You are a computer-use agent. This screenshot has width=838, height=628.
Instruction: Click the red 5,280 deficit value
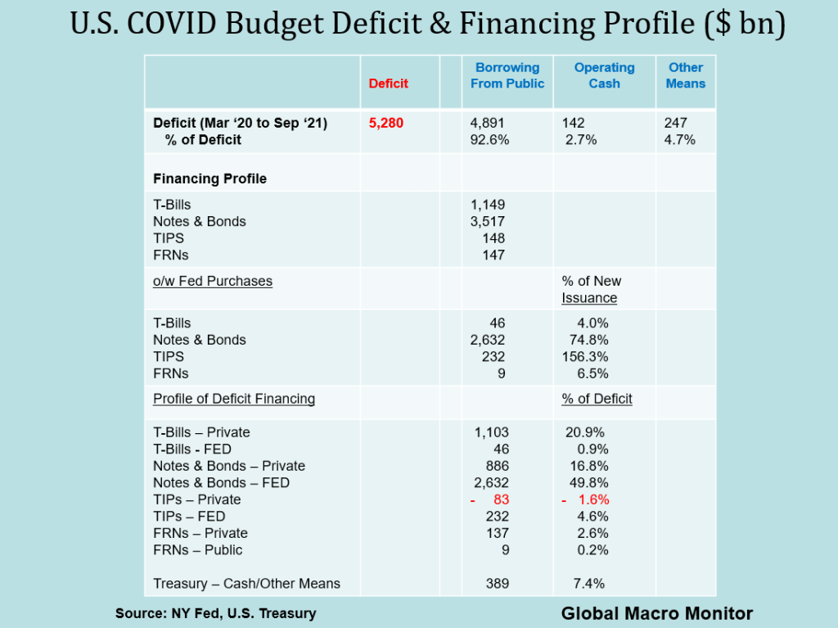point(386,123)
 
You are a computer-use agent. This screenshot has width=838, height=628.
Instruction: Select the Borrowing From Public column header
point(507,75)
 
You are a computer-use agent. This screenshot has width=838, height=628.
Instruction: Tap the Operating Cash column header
point(604,75)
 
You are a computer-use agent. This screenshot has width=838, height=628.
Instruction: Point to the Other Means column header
point(686,75)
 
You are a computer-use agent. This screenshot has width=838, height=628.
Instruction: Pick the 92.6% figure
point(489,140)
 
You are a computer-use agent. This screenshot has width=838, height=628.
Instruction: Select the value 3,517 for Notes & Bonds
point(489,221)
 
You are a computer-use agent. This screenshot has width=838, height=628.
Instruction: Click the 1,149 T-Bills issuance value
point(489,205)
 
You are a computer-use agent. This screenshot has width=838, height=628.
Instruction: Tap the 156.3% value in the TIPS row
point(584,357)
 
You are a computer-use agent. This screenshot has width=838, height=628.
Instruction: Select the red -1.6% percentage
point(585,499)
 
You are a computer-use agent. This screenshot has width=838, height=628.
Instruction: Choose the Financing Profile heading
point(209,178)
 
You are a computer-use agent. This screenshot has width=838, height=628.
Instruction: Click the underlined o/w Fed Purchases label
point(213,281)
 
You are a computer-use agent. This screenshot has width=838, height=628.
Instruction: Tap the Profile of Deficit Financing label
point(234,399)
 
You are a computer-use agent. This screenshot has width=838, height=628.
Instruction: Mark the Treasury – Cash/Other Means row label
point(246,584)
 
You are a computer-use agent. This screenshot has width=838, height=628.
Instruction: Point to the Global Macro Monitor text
point(656,613)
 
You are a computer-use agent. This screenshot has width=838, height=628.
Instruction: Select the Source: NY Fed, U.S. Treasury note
point(215,613)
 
